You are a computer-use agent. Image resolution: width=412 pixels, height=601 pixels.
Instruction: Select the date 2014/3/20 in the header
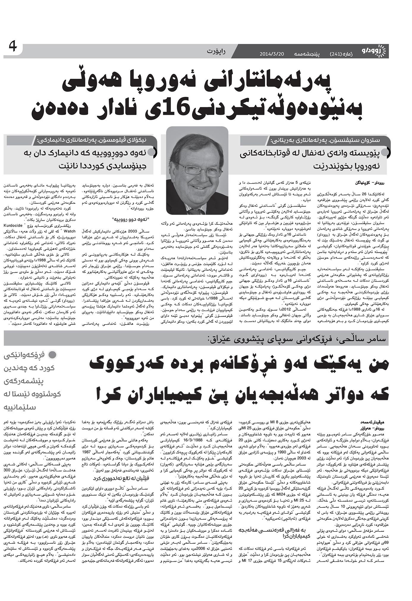(x=272, y=54)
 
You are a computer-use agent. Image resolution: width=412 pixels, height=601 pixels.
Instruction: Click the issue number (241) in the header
(x=336, y=54)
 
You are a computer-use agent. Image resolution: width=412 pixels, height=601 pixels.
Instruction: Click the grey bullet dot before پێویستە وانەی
(x=385, y=152)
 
